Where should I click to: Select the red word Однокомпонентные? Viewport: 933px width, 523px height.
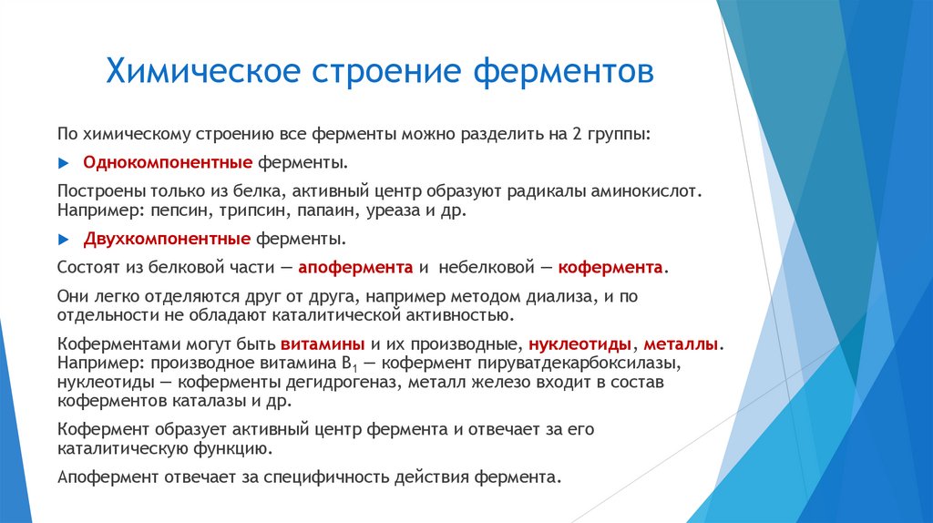click(x=168, y=163)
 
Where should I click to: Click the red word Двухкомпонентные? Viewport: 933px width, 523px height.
click(x=167, y=240)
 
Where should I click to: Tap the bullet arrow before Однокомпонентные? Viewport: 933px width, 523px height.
click(x=63, y=163)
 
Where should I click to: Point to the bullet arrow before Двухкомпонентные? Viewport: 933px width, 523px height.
click(x=63, y=240)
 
